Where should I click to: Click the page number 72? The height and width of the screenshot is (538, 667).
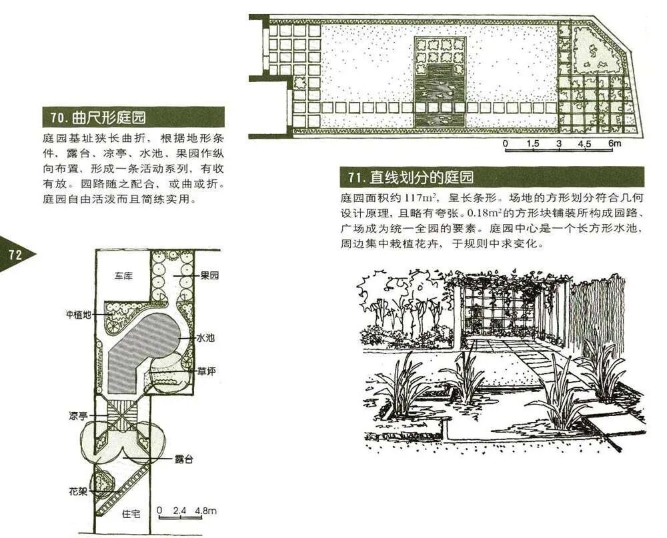click(15, 255)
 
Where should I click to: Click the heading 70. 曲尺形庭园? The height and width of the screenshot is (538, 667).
click(98, 119)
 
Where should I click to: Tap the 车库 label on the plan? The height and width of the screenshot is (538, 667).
click(122, 275)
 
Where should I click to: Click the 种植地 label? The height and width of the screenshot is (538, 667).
click(78, 313)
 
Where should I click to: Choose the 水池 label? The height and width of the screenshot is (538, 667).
click(205, 338)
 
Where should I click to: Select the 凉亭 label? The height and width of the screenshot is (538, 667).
click(77, 416)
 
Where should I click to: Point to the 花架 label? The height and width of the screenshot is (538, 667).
click(77, 492)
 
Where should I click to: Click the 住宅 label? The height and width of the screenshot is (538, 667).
click(131, 514)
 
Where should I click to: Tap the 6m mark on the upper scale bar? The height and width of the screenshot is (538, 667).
click(614, 143)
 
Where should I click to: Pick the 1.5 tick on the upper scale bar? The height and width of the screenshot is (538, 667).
click(532, 143)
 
